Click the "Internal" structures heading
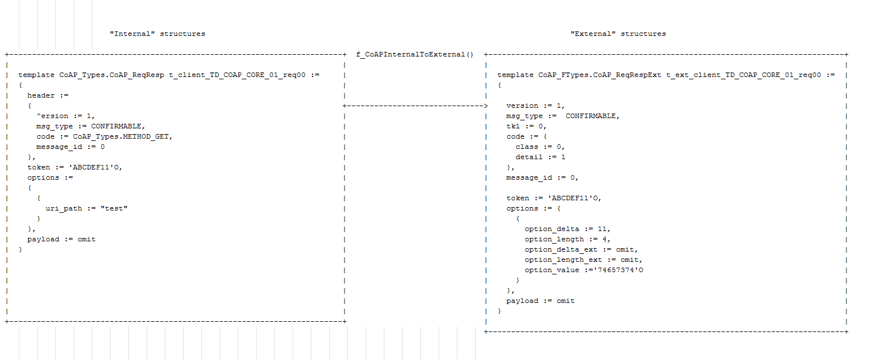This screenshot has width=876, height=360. click(157, 34)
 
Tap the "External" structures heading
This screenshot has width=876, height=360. click(618, 34)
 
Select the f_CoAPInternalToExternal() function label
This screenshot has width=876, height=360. click(415, 55)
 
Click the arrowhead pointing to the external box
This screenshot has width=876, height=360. click(485, 106)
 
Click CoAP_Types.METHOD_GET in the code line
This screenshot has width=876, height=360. click(123, 137)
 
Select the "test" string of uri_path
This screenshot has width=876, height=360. click(114, 209)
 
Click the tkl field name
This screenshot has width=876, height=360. click(513, 127)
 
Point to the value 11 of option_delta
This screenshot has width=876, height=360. click(602, 229)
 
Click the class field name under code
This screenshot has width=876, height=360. click(527, 147)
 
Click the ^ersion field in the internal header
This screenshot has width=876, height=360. click(52, 116)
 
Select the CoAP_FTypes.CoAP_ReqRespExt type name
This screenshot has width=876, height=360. click(600, 75)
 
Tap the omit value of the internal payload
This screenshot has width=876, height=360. click(87, 240)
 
